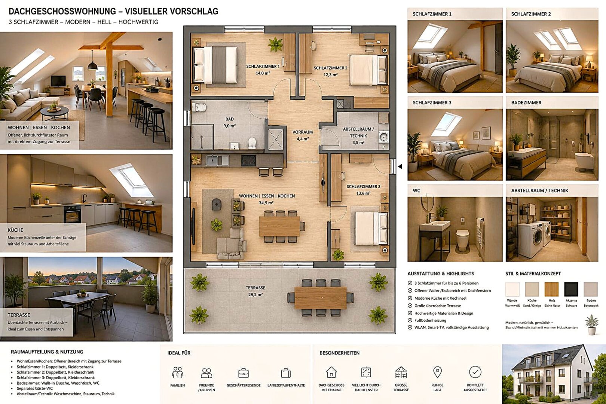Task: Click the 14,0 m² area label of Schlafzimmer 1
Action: pos(263,73)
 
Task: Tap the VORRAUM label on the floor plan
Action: pos(303,132)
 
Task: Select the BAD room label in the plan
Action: pos(229,119)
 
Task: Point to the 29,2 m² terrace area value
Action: pos(255,294)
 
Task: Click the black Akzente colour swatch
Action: pos(571,289)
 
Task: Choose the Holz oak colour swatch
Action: pos(552,289)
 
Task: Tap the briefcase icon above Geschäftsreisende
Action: pos(244,373)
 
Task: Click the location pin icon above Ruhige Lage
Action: pos(437,372)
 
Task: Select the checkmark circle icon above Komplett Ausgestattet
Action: pos(475,372)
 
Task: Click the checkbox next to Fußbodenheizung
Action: pos(410,320)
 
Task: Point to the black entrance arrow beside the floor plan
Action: pos(400,166)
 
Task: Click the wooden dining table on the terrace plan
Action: pos(321,298)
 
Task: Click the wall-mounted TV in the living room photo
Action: pos(58,81)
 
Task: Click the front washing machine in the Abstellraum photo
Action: pos(530,239)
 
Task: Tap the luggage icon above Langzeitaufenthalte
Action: pos(286,373)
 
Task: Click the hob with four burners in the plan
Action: pos(248,160)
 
